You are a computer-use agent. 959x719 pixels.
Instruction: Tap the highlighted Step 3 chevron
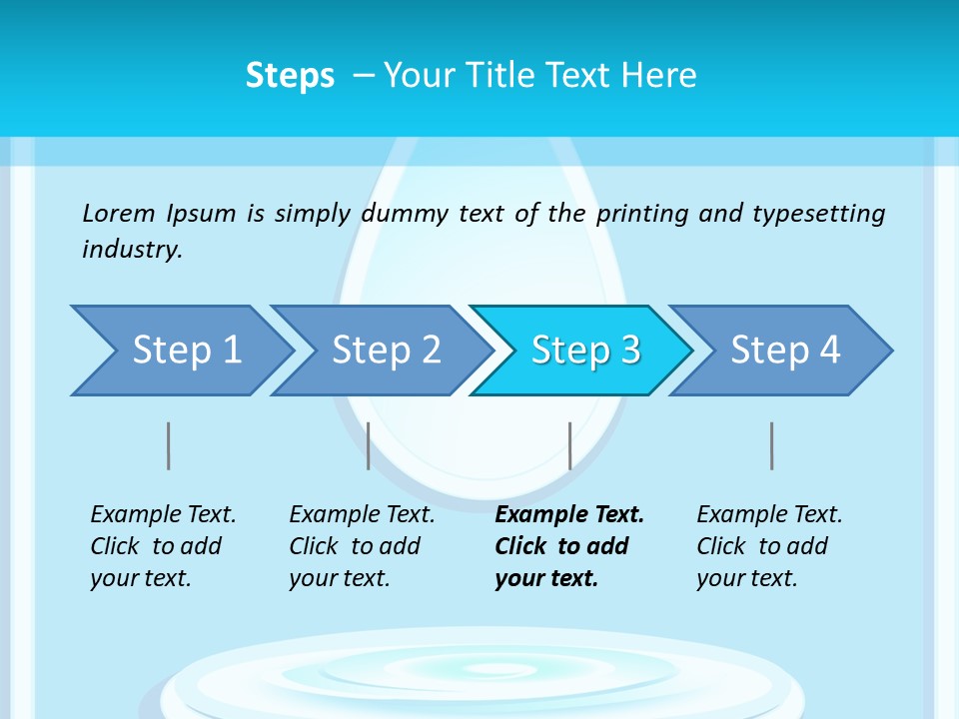click(x=584, y=351)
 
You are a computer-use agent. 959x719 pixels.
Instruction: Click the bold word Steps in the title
click(x=290, y=76)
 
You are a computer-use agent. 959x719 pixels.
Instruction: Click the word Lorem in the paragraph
click(x=119, y=214)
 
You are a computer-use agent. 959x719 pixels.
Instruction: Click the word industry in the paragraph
click(x=132, y=250)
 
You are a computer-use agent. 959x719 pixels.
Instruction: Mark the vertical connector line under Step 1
click(x=169, y=445)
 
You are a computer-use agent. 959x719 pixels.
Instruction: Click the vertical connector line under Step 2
click(x=369, y=445)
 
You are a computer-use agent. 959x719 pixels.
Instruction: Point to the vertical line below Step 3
click(x=569, y=445)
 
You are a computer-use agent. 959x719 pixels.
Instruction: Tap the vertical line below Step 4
click(x=771, y=445)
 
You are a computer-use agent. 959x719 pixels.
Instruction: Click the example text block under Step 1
click(x=163, y=546)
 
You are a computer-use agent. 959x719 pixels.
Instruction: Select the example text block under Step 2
click(x=362, y=546)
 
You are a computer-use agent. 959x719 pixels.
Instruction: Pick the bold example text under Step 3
click(x=569, y=546)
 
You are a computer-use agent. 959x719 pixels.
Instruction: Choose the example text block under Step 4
click(x=769, y=546)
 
